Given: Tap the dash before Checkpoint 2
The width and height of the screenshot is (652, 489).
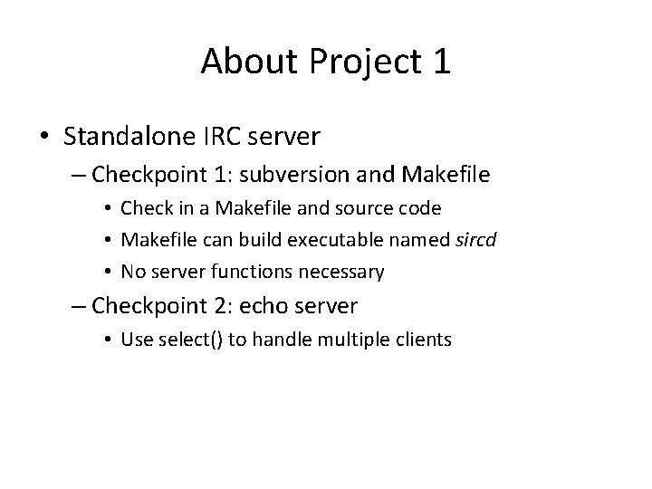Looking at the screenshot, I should (80, 306).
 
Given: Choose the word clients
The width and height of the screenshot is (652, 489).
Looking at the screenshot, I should (421, 340).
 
